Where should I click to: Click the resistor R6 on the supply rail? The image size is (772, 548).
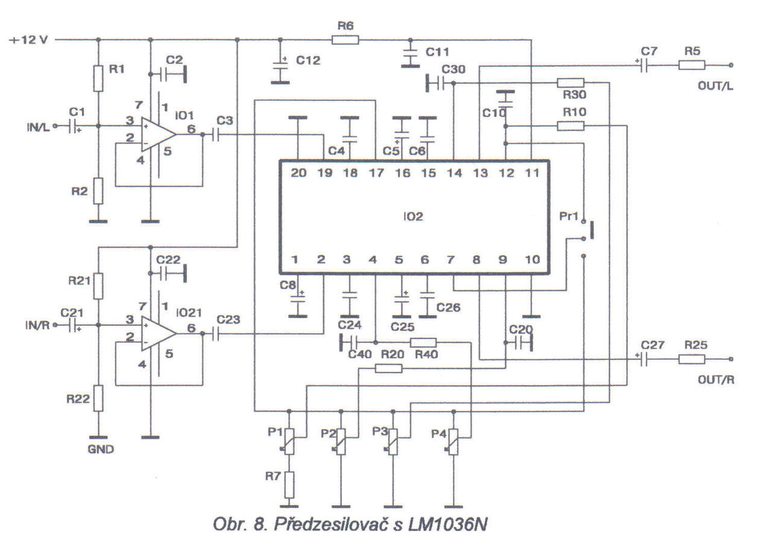345,40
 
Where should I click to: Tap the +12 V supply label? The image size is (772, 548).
29,40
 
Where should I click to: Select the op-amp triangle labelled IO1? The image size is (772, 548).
159,135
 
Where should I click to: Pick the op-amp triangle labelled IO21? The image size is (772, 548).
159,334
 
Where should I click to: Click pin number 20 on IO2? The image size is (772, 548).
299,173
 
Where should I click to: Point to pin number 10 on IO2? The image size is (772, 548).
532,260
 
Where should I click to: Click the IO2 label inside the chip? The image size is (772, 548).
413,217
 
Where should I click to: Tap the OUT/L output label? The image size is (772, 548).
715,86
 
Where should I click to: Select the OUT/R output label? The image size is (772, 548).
716,380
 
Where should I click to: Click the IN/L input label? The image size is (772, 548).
38,127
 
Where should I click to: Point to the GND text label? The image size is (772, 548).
101,449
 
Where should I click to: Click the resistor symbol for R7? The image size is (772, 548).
289,485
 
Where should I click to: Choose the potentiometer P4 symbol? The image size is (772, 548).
454,442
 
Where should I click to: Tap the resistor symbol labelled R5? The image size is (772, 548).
692,65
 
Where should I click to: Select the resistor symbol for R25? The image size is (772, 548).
692,359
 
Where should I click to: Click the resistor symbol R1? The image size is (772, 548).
98,78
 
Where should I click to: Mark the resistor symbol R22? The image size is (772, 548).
98,398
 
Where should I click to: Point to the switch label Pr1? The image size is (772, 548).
568,216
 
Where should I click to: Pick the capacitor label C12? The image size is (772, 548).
308,60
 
